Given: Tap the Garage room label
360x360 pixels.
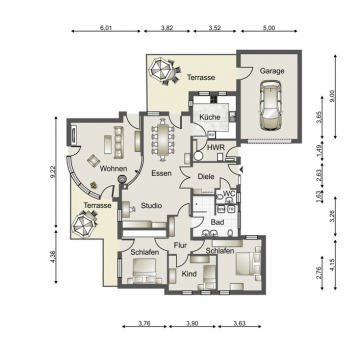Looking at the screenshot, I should [272, 72].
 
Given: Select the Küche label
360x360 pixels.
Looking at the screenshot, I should [209, 118].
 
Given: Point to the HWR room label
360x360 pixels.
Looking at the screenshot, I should [214, 148].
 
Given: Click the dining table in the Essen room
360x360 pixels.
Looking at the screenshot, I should [160, 140].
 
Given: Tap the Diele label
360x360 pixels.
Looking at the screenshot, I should [205, 176].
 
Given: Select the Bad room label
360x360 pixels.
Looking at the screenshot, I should [217, 221].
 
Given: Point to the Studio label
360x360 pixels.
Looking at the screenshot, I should [151, 208].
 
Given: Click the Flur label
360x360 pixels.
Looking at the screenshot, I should [181, 244].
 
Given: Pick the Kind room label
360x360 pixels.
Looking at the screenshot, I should [188, 272].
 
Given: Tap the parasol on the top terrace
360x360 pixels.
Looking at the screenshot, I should [160, 71].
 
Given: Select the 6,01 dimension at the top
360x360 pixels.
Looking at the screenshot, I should [106, 29].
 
